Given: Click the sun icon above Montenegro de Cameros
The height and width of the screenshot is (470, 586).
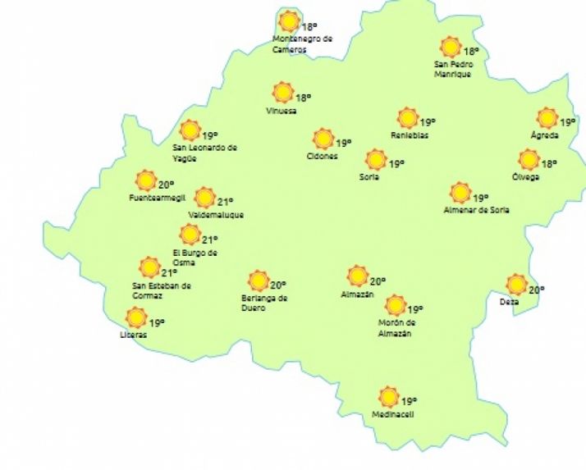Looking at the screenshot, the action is pos(289,21).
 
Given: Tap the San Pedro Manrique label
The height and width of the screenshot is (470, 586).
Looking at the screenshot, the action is pos(453,70).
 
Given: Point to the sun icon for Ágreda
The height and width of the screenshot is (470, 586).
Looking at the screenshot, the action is pos(547,118).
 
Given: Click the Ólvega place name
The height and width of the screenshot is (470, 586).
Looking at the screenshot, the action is pos(525,177).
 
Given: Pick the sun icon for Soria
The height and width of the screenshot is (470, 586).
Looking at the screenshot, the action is pos(376,159).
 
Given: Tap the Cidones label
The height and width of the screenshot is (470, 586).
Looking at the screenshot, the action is pos(322,156).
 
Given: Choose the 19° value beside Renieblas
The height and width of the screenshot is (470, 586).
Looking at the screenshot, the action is pos(428,122).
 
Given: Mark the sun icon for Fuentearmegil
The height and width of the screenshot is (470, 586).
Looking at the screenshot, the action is pos(146,180).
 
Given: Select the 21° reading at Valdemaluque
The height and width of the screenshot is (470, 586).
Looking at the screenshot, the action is pos(225,200).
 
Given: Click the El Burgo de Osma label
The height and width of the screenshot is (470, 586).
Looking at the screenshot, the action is pos(195,257).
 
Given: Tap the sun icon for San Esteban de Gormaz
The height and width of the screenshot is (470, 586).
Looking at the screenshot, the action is pos(149,267).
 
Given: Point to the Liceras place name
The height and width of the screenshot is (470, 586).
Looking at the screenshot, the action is pos(133,335).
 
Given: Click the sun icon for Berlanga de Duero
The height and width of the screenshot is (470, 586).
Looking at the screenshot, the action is pos(259,281).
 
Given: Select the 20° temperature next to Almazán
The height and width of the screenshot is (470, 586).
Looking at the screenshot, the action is pos(378,280).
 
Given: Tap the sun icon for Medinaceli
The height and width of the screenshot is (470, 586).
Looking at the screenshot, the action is pos(389,397).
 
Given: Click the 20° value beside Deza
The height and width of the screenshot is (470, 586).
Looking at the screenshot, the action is pos(537,290).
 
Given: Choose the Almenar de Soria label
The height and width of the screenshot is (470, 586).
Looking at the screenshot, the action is pos(476,210).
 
